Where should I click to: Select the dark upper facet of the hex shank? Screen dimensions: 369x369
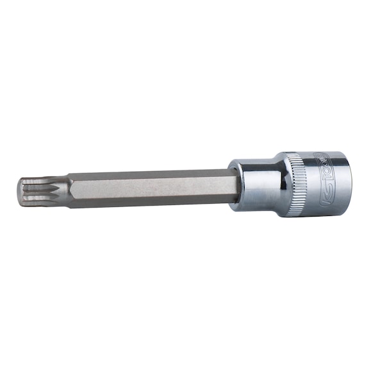point(154,176)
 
